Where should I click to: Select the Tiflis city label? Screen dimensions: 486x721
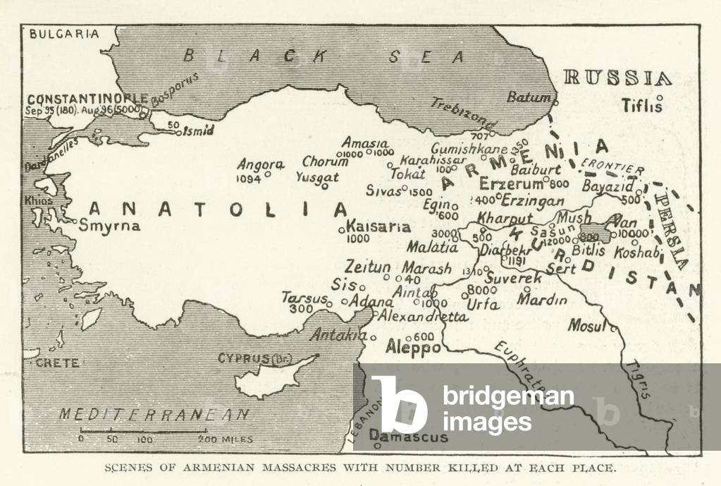pos(642,106)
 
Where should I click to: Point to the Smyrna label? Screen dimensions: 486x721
pos(110,226)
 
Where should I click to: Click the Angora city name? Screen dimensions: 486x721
pos(260,164)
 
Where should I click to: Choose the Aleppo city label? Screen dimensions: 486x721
pos(414,348)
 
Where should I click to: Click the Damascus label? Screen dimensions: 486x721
pos(409,437)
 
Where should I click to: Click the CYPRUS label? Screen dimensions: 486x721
pos(244,358)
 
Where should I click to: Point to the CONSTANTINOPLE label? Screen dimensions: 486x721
pos(87,99)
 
